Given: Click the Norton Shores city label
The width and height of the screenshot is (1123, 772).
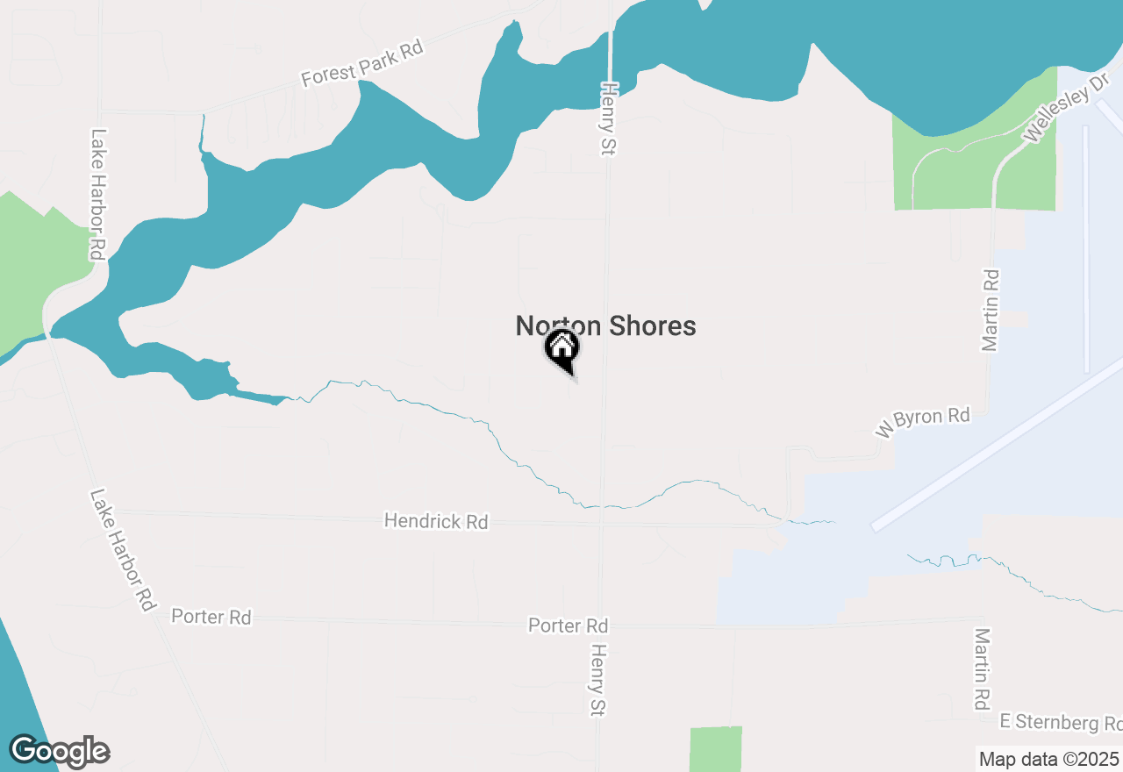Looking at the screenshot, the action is pos(605,326).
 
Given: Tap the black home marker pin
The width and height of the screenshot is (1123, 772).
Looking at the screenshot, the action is pos(561,349).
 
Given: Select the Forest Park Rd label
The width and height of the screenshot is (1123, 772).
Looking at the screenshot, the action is pos(361,63).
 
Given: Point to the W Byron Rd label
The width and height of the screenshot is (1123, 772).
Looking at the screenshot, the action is pos(922,421).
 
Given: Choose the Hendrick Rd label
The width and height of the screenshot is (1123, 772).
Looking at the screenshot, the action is pos(436,521).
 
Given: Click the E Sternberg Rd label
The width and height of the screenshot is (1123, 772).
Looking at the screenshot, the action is pos(1061,723).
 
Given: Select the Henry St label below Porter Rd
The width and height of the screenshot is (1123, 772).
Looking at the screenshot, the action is pos(598,681).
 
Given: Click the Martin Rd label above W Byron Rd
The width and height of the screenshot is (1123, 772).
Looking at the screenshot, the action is pos(991,311).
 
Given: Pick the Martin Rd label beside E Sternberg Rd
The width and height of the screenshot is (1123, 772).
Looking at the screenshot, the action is pos(982,668).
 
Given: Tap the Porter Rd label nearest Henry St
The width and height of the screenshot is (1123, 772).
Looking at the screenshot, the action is pos(568,625).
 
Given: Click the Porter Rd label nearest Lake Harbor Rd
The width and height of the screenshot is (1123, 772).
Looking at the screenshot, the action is pos(211,617).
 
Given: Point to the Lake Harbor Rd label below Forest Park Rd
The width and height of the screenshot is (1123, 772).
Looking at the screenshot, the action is pos(98,195).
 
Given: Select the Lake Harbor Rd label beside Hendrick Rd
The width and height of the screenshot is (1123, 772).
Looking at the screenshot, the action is pos(122,550).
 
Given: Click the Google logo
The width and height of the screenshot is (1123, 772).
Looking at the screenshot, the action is pos(60,752).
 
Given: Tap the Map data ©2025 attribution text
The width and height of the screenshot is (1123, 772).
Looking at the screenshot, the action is pos(1049,759).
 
